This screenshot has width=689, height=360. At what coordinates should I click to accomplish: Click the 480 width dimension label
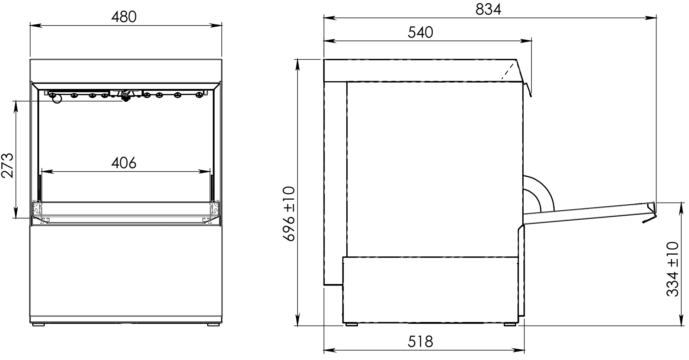tap(124, 17)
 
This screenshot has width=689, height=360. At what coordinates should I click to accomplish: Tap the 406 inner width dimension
tap(124, 163)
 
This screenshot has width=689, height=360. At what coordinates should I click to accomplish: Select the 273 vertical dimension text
tap(7, 165)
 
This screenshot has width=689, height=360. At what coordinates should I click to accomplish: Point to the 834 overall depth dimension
tap(489, 9)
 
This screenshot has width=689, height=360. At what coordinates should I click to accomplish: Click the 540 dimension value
tap(420, 32)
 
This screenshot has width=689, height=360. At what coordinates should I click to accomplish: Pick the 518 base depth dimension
tap(420, 342)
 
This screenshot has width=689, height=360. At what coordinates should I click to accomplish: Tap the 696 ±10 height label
tap(289, 214)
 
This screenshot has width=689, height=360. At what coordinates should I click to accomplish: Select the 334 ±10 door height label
tap(673, 269)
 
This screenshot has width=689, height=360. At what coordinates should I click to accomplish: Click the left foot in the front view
tap(38, 324)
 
